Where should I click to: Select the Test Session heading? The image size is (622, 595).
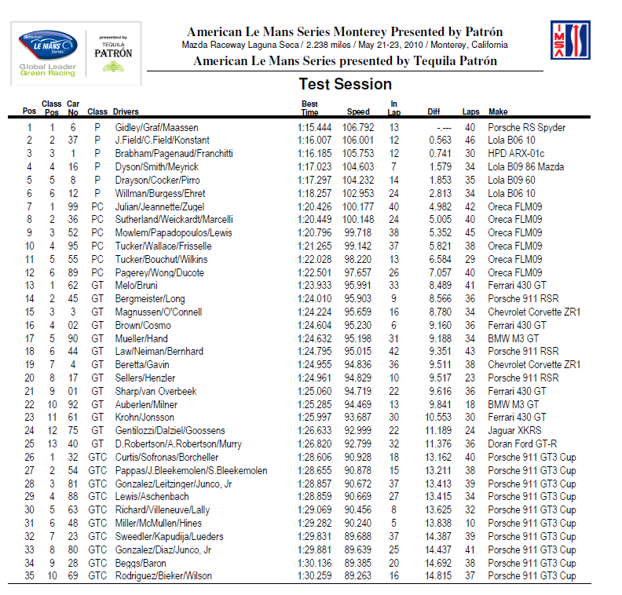pos(345,84)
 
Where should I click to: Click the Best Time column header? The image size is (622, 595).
pos(309,108)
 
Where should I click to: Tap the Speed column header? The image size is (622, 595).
pos(358,111)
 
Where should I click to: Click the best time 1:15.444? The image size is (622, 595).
pos(314,127)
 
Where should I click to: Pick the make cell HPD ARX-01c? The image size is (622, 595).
pos(516,154)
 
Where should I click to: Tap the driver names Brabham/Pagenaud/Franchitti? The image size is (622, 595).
pos(173,154)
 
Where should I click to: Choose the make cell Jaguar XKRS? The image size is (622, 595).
pos(514,430)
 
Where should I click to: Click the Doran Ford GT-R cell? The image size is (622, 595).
pos(521,444)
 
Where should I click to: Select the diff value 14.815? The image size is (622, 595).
pos(439,575)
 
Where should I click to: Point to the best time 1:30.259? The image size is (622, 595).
pos(314,575)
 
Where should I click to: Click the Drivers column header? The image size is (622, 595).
pos(126,111)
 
